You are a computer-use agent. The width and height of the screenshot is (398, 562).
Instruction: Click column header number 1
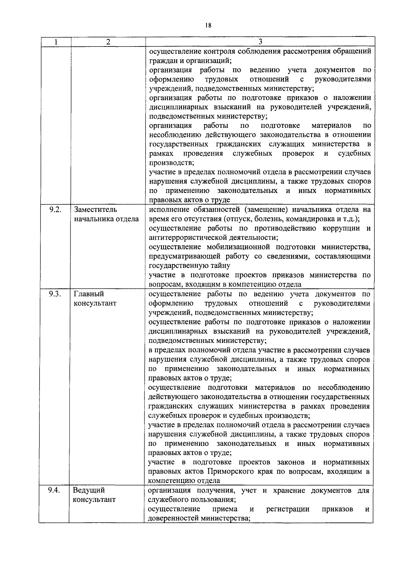(x=55, y=42)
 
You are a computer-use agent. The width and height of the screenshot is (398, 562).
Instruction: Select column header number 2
(x=108, y=42)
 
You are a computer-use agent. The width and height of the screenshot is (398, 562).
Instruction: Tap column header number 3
(x=260, y=42)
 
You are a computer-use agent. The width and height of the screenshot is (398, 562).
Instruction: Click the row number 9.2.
(x=55, y=209)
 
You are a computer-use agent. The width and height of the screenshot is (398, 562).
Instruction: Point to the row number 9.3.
(x=55, y=294)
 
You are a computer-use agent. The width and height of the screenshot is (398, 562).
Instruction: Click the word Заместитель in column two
(x=96, y=210)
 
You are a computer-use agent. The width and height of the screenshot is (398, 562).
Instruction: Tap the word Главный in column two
(x=89, y=294)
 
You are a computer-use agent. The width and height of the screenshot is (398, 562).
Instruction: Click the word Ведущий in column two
(x=89, y=490)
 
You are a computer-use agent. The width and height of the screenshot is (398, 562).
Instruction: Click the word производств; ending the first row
(x=171, y=163)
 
